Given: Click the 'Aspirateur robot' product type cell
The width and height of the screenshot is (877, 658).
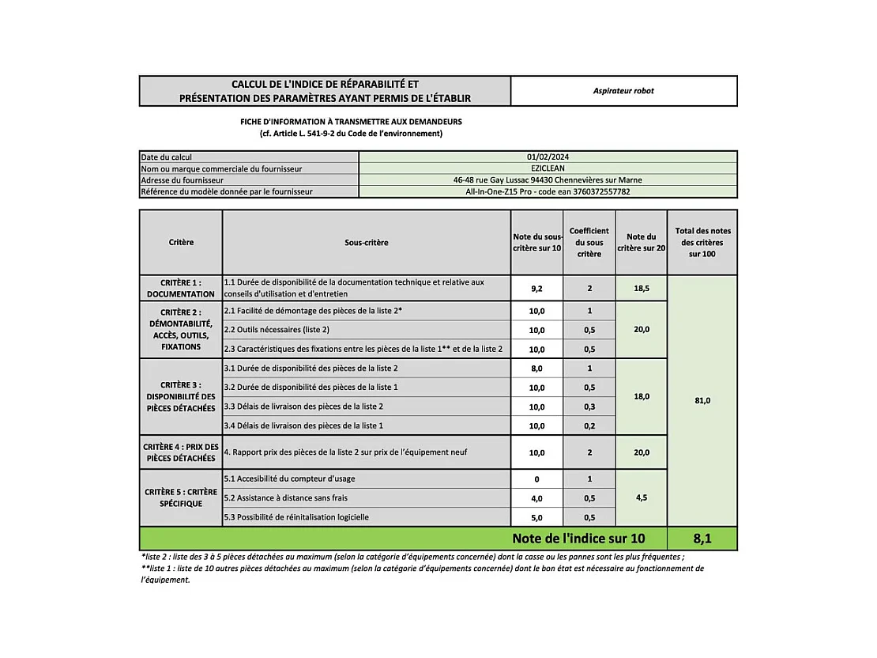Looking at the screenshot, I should (623, 91).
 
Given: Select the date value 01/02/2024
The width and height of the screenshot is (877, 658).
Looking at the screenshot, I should (548, 157).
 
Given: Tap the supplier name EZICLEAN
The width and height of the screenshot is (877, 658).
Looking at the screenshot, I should (548, 168).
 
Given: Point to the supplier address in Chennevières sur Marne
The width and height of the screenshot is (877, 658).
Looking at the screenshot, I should (548, 180).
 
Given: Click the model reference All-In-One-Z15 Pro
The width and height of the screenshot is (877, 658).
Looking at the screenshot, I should (548, 191).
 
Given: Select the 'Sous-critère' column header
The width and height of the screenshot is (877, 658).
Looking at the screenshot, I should (367, 243).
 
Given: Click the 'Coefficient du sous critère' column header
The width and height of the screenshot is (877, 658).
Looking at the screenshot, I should (589, 243).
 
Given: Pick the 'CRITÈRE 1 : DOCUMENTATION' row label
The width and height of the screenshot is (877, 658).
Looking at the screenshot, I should (181, 288).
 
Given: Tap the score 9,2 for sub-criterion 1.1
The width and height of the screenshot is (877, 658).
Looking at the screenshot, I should (536, 289).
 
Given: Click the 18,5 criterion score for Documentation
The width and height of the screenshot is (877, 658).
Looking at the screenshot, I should (641, 289).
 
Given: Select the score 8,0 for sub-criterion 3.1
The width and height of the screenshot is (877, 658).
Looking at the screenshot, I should (536, 369).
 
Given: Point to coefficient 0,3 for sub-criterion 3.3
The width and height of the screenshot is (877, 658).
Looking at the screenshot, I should (589, 407).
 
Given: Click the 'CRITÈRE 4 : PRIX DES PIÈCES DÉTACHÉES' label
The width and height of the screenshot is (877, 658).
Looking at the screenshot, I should (181, 452).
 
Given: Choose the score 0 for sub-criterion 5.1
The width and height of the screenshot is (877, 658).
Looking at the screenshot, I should (536, 479).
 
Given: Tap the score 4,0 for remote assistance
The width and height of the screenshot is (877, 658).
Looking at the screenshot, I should (536, 498).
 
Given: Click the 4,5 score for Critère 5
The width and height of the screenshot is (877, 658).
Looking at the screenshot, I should (641, 498).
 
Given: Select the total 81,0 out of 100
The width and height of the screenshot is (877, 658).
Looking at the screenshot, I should (702, 401).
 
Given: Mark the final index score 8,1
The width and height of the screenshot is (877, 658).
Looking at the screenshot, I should (702, 539).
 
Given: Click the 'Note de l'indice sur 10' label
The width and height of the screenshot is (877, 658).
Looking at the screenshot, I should (578, 539).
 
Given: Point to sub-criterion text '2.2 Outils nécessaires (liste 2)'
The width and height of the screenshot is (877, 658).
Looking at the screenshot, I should (277, 330).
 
